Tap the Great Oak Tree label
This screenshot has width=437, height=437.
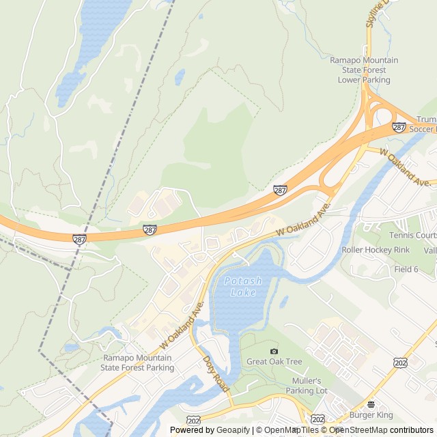[274, 361]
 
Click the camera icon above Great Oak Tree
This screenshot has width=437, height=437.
[274, 351]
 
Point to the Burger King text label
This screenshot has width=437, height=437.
[371, 414]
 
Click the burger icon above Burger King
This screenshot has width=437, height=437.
[371, 404]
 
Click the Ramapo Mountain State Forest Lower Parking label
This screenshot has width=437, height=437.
[365, 70]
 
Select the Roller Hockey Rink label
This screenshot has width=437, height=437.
[376, 250]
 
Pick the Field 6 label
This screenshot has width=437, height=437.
[406, 269]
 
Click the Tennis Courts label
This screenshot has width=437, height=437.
[412, 236]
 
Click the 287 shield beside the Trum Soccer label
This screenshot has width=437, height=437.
[399, 127]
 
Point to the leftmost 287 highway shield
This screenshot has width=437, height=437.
[80, 238]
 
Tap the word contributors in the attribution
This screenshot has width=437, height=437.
[412, 430]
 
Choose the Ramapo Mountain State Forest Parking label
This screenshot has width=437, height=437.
[137, 363]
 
